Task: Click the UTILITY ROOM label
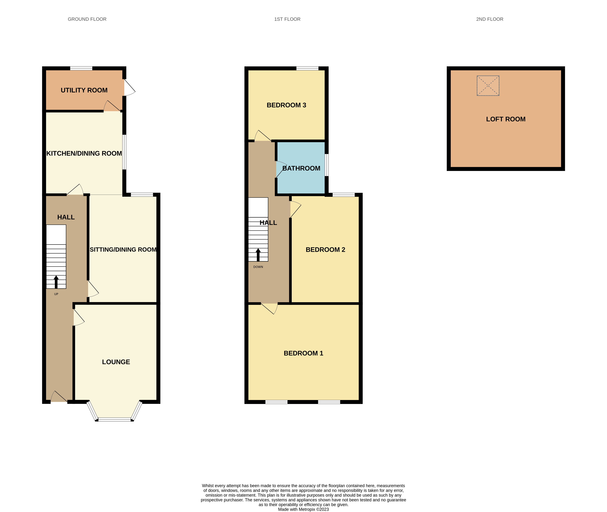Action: coord(84,90)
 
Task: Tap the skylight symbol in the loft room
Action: coord(488,86)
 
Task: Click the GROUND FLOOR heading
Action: coord(87,19)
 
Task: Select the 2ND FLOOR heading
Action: coord(489,19)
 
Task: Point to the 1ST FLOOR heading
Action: coord(287,19)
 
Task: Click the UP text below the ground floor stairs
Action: coord(56,294)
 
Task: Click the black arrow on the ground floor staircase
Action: coord(56,282)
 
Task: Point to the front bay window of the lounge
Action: coord(114,419)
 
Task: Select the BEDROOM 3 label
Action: coord(286,105)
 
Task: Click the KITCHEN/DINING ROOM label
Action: coord(84,153)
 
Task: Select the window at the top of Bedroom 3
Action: coord(307,69)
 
